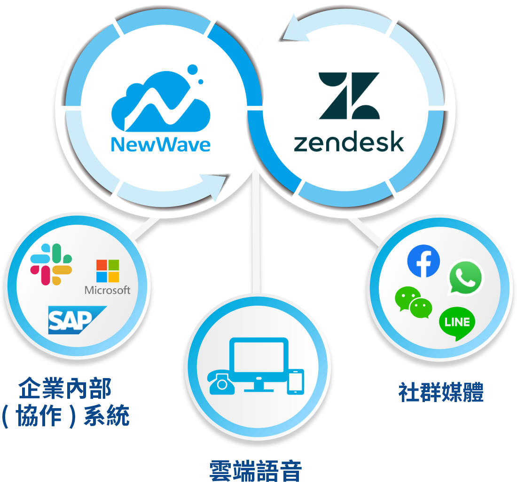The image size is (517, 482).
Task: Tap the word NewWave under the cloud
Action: coord(161,144)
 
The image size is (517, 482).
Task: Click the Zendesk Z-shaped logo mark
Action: coord(349,95)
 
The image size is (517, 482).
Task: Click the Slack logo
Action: coord(51,264)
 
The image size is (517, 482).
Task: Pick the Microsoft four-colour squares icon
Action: coord(108,271)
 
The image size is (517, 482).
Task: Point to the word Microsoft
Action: coord(108,290)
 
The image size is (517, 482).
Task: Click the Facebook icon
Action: coord(423,261)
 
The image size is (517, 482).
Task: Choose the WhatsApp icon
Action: coord(465,277)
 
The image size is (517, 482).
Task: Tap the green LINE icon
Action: coord(457,323)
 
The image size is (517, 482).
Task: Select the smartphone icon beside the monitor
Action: coord(296,381)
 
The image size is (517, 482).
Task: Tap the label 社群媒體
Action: coord(441,392)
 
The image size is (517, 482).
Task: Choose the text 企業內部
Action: coord(65,389)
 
